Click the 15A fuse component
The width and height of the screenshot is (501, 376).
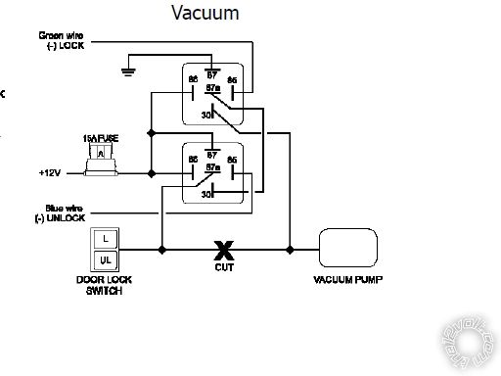(x=101, y=160)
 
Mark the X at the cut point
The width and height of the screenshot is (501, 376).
(x=223, y=250)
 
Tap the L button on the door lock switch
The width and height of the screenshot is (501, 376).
(x=104, y=239)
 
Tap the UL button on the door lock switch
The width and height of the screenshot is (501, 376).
(x=104, y=259)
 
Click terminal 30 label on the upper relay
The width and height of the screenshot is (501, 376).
(x=205, y=114)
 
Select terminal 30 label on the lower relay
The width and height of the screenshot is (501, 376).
(x=205, y=194)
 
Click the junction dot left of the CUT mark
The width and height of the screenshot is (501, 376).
(x=161, y=250)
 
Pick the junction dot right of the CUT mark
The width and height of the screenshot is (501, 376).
(x=289, y=250)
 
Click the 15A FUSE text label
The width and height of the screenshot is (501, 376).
(x=101, y=140)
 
